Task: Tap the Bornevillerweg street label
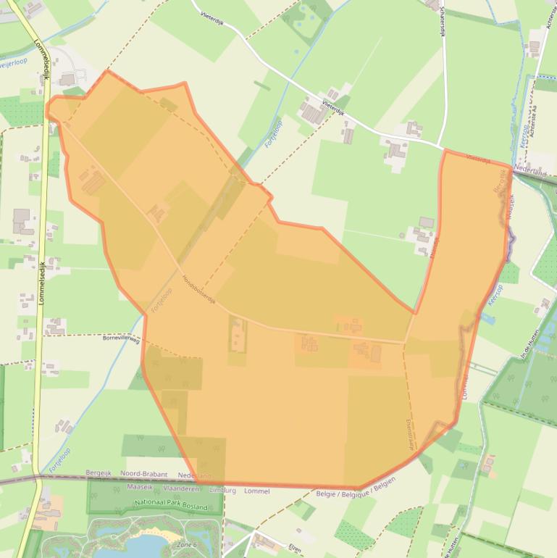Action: point(121,338)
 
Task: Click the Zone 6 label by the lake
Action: point(187,544)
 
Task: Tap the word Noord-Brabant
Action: point(143,474)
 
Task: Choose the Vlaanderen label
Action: point(178,488)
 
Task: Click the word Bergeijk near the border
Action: point(101,474)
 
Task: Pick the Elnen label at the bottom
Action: point(295,548)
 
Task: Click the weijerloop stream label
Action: point(14,64)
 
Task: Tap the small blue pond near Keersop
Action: point(487,317)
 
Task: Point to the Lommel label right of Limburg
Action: point(257,491)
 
